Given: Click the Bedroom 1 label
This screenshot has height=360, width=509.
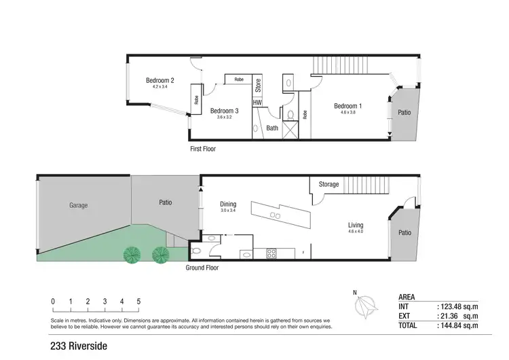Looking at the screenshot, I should tap(347, 105).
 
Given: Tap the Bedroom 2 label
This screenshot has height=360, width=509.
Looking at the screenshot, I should tap(160, 81).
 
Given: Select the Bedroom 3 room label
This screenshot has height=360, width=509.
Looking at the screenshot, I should tap(224, 111).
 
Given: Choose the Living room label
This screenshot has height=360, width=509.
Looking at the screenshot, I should tap(356, 225).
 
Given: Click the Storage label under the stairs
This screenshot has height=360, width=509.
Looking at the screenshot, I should tap(328, 184).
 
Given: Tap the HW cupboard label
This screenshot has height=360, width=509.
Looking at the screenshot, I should tap(257, 103).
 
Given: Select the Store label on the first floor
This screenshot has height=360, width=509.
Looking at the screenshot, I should tap(258, 86).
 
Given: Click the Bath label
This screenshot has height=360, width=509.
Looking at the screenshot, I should tap(271, 128).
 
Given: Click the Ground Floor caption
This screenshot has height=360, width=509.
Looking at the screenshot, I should tap(202, 268).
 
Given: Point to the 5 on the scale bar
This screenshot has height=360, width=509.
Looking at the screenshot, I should tap(139, 301).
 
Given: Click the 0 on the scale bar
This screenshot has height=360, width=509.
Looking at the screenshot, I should tap(53, 301).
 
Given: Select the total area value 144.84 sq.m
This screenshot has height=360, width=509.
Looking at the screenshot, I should tap(458, 326).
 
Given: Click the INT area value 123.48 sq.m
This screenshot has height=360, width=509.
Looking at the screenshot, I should tap(458, 307).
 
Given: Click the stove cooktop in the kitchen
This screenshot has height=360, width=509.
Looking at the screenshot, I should tap(272, 254).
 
